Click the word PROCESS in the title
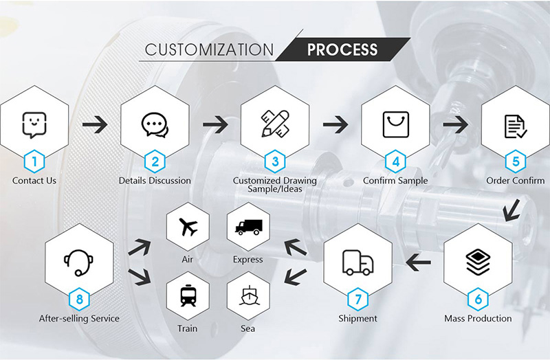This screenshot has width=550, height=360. [x=342, y=50]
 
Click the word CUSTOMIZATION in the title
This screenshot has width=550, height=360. [x=209, y=50]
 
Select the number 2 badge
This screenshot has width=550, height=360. [x=155, y=161]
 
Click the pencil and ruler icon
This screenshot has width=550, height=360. [x=275, y=125]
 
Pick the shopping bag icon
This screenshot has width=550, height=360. [x=395, y=125]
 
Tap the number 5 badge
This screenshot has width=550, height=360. [x=516, y=161]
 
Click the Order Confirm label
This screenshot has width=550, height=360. [x=515, y=181]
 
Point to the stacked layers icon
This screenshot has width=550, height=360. [x=478, y=262]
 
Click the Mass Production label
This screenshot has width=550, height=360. [x=478, y=319]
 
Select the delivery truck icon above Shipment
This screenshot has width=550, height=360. [x=357, y=262]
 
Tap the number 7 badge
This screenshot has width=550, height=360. [x=357, y=299]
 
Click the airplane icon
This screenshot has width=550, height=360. [x=187, y=227]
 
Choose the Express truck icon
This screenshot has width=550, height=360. [x=248, y=227]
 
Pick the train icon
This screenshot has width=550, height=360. [x=187, y=296]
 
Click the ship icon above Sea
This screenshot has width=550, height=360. [x=248, y=296]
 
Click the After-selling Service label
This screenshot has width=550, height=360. [x=80, y=319]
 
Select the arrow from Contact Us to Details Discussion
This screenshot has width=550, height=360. [x=94, y=125]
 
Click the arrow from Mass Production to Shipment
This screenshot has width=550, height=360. [x=418, y=262]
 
